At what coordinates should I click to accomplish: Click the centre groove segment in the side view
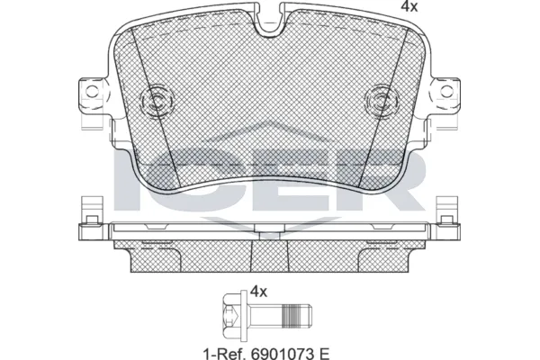pos(267,237)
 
